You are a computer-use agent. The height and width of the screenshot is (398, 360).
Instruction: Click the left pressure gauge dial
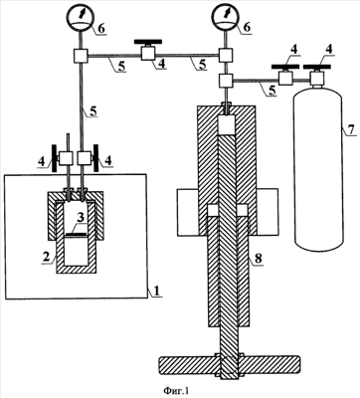pyautogui.click(x=81, y=18)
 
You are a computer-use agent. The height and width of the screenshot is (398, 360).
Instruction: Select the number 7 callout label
pyautogui.click(x=352, y=128)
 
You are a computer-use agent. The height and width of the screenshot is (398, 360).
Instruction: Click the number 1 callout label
pyautogui.click(x=157, y=291)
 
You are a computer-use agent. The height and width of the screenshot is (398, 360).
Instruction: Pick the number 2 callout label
pyautogui.click(x=45, y=257)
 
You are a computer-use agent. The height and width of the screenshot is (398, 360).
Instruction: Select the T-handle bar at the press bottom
pyautogui.click(x=230, y=364)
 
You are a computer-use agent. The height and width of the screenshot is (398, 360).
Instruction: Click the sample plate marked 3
pyautogui.click(x=77, y=235)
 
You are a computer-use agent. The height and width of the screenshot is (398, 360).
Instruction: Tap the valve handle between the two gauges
pyautogui.click(x=148, y=42)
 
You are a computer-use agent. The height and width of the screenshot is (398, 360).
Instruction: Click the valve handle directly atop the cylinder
pyautogui.click(x=318, y=67)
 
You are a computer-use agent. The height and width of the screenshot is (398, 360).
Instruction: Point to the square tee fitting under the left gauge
pyautogui.click(x=81, y=56)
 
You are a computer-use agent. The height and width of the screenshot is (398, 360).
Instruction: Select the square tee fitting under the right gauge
pyautogui.click(x=227, y=54)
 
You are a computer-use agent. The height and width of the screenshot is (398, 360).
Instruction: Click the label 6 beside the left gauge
pyautogui.click(x=101, y=28)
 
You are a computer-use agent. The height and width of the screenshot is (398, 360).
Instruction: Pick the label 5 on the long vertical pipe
pyautogui.click(x=93, y=111)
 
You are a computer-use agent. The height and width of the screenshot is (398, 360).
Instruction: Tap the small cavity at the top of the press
pyautogui.click(x=227, y=125)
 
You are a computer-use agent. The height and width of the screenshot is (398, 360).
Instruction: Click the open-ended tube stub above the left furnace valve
pyautogui.click(x=68, y=142)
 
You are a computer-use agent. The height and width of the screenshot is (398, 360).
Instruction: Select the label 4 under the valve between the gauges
pyautogui.click(x=162, y=64)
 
